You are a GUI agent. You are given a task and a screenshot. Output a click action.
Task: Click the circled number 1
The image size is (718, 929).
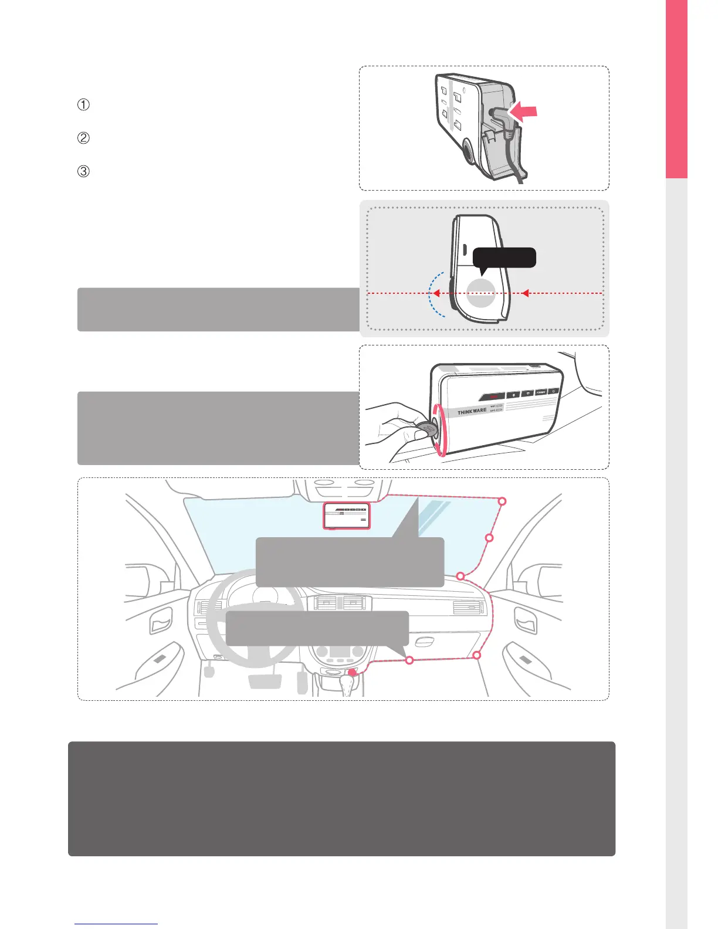[84, 105]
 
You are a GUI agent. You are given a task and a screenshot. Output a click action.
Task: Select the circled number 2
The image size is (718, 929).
[84, 138]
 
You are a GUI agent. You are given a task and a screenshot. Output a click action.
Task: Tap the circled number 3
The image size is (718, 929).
[84, 172]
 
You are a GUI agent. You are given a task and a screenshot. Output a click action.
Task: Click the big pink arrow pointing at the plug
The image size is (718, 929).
[524, 111]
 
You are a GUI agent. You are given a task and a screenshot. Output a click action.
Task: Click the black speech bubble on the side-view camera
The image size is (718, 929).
[504, 257]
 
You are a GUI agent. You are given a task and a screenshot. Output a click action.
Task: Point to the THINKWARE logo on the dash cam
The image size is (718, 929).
[472, 412]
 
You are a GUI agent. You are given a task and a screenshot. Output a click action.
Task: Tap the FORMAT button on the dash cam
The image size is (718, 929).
[541, 392]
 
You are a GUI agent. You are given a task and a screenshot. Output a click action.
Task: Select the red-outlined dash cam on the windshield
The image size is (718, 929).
[347, 516]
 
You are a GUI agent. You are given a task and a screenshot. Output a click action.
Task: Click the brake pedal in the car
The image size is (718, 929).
[265, 681]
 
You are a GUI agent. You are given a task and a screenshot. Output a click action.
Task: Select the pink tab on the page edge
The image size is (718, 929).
[676, 88]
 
